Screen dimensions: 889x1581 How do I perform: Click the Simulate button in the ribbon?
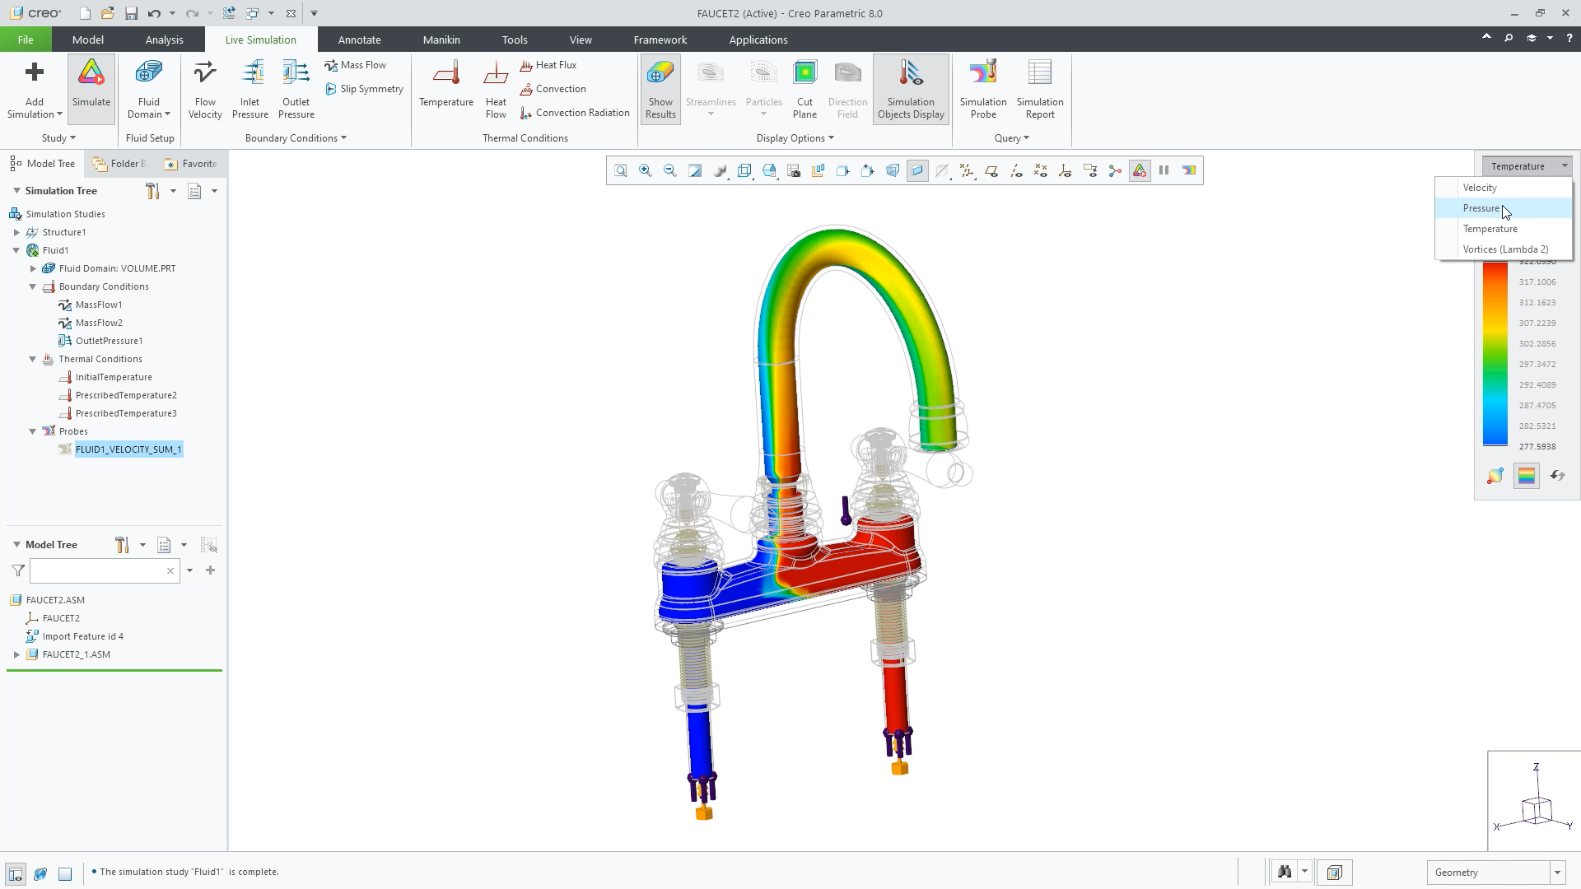[91, 87]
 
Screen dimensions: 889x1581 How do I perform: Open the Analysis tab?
[164, 40]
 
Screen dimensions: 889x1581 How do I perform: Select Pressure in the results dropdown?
[1481, 208]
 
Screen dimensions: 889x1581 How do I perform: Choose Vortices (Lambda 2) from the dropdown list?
[1504, 249]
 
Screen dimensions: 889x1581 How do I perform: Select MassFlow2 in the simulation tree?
[99, 323]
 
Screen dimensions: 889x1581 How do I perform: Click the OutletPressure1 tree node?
[109, 341]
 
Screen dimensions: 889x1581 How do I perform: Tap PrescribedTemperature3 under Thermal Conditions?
[126, 413]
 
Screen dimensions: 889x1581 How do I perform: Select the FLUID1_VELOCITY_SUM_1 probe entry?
[128, 449]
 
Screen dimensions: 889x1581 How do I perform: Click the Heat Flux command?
[555, 65]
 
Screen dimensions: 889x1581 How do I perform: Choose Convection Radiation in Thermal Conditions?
[581, 113]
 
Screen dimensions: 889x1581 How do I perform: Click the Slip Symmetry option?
[371, 89]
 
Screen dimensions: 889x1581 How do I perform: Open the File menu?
[26, 40]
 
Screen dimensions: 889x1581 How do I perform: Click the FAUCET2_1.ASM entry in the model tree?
[76, 654]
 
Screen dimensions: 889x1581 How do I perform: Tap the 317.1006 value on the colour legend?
[1537, 282]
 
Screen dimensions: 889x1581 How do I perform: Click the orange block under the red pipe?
[900, 768]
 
